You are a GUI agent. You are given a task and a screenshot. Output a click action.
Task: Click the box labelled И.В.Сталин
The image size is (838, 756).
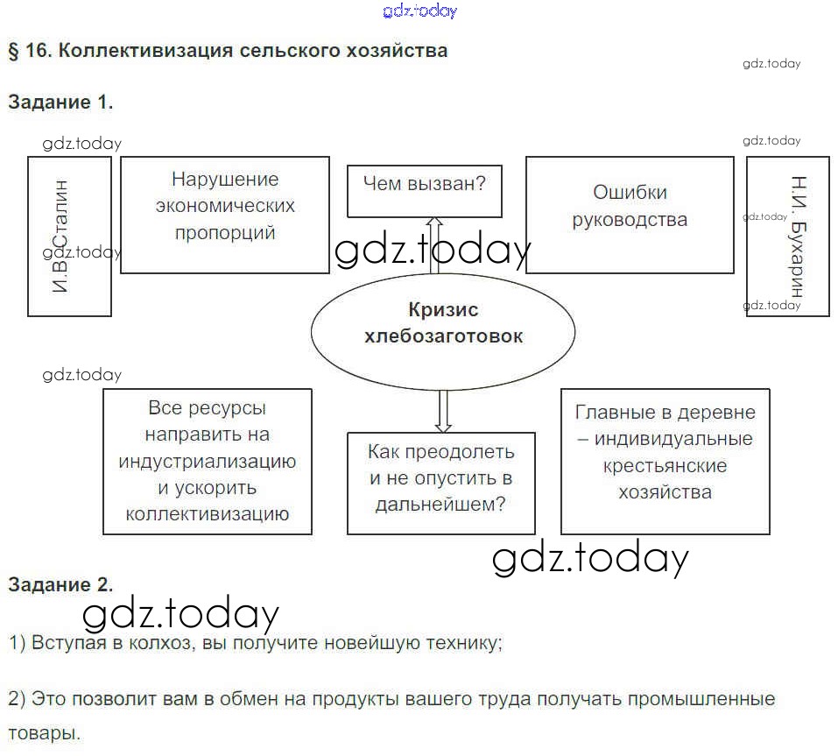coord(69,236)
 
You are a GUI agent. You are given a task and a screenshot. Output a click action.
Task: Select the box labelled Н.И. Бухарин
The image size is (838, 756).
coord(787,236)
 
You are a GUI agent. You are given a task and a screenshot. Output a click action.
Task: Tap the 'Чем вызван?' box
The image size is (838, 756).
coord(425,191)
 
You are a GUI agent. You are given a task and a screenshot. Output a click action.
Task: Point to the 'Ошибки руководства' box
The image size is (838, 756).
coord(630,215)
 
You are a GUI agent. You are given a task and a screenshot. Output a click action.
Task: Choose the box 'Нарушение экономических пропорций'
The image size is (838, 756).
coord(225,215)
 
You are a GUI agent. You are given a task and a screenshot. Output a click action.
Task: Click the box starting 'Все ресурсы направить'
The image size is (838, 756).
coord(208,461)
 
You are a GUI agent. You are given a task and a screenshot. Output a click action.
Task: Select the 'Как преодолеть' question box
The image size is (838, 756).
coord(440,483)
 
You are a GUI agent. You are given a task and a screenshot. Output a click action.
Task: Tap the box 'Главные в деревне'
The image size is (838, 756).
coord(665,461)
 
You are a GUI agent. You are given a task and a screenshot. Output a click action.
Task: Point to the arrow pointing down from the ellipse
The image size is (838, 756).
coord(443,408)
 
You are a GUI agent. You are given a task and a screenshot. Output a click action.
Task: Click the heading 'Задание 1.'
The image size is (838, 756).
coord(60,102)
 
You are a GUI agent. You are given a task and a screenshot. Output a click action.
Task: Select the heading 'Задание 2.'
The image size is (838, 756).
coord(60,584)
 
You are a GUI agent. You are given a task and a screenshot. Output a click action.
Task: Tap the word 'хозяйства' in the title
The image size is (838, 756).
coord(402,50)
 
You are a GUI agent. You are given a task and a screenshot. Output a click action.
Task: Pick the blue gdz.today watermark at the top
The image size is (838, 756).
coord(420,11)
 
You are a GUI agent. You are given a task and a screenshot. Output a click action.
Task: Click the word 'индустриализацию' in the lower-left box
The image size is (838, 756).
coord(208,461)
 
